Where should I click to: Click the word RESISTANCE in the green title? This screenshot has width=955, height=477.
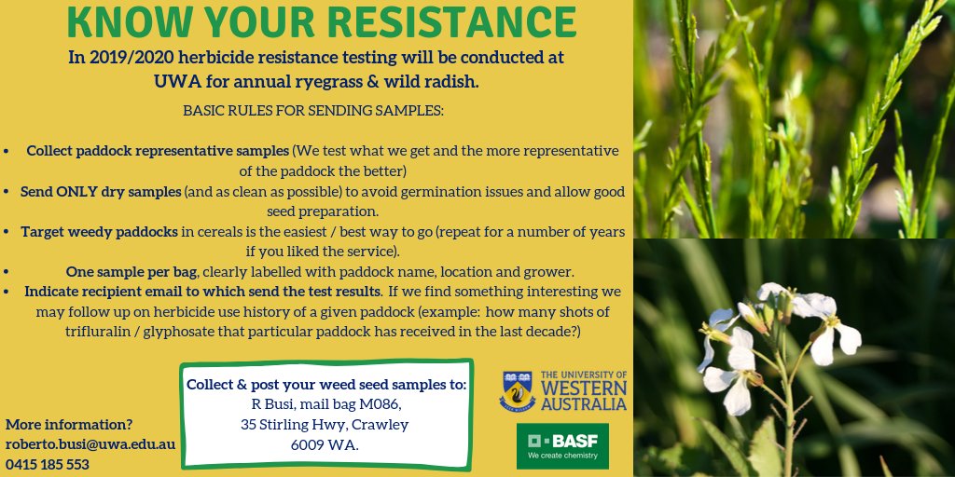[x=452, y=22]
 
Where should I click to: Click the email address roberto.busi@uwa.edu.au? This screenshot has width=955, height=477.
[x=90, y=444]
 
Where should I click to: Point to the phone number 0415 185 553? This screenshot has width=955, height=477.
[x=48, y=464]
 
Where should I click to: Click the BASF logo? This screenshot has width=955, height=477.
[x=562, y=446]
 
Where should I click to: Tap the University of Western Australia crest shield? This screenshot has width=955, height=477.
[x=517, y=391]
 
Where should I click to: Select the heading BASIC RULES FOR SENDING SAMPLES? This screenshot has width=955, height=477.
[x=313, y=112]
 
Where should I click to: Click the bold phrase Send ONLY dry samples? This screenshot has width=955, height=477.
[x=101, y=192]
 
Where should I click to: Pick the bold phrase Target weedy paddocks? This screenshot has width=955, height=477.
[x=99, y=232]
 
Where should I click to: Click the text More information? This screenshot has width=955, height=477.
[x=69, y=425]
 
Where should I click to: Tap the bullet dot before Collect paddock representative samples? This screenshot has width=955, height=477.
[x=7, y=152]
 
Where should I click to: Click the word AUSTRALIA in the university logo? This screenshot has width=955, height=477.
[x=584, y=403]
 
